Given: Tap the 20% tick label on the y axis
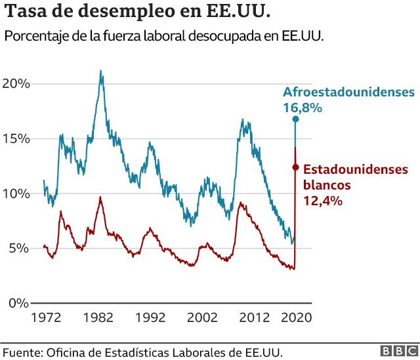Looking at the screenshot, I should pos(16,84).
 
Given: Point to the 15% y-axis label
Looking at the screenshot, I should pos(16,139).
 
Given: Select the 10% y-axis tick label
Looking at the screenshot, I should pos(16,193).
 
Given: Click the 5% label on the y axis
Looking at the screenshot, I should pos(18,249).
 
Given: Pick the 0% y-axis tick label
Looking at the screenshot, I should pos(18,303).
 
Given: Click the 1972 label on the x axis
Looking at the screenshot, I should pos(46,317).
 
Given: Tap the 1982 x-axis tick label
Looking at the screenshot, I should pos(98,317).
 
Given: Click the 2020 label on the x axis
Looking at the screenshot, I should pos(295,317).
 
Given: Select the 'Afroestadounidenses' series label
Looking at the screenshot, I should pos(348,92).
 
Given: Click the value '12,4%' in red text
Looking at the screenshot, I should pos(323,201).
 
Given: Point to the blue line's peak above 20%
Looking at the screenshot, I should pos(100,71).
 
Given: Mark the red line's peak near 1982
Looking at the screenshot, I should pos(100,197).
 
